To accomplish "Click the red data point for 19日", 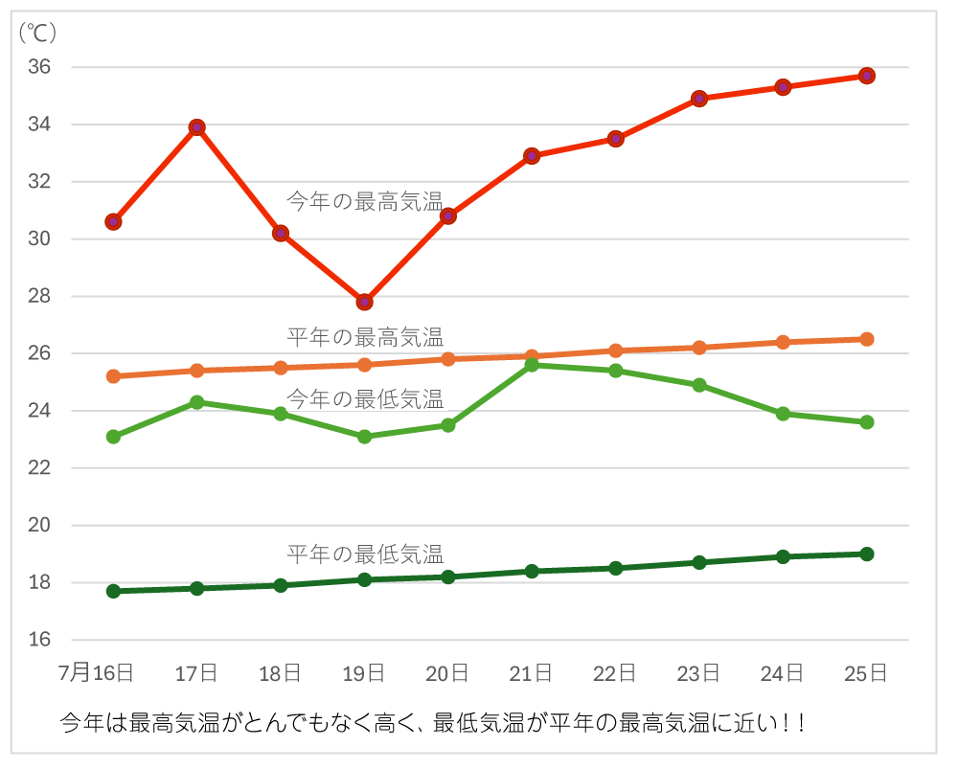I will pyautogui.click(x=364, y=302).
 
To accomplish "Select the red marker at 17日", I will pyautogui.click(x=197, y=127).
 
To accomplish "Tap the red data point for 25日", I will pyautogui.click(x=866, y=76).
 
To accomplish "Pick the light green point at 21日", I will pyautogui.click(x=532, y=365).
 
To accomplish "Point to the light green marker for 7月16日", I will pyautogui.click(x=113, y=437).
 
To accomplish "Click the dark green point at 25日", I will pyautogui.click(x=866, y=554).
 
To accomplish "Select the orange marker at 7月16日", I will pyautogui.click(x=113, y=376).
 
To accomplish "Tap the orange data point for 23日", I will pyautogui.click(x=699, y=348).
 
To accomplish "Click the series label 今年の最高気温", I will pyautogui.click(x=365, y=201).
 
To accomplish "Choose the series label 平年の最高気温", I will pyautogui.click(x=365, y=337).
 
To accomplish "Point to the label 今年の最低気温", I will pyautogui.click(x=365, y=397).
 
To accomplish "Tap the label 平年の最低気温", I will pyautogui.click(x=365, y=554).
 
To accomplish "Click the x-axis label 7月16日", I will pyautogui.click(x=96, y=673).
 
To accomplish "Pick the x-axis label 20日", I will pyautogui.click(x=448, y=673).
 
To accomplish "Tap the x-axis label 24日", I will pyautogui.click(x=783, y=673).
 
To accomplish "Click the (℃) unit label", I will pyautogui.click(x=38, y=33).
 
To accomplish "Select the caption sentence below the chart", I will pyautogui.click(x=432, y=721).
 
